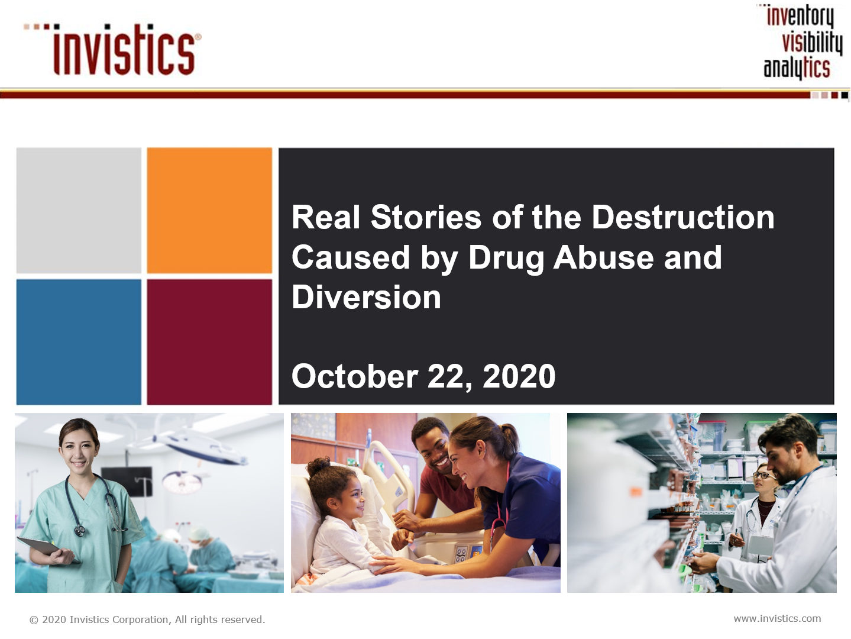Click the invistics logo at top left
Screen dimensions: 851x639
(112, 49)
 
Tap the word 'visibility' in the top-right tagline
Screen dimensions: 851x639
(812, 43)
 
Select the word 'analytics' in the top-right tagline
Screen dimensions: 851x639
(797, 67)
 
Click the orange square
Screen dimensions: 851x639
(209, 210)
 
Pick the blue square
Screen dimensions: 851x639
(79, 342)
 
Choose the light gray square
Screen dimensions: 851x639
(79, 210)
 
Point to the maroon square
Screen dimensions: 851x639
(209, 342)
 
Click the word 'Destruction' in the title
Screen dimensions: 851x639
(682, 217)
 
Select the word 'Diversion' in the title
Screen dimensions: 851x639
(367, 297)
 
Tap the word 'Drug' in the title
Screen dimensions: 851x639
(506, 259)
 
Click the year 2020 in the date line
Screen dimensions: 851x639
(519, 376)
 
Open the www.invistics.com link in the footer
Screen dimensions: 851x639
(777, 618)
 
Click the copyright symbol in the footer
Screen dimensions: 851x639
(34, 620)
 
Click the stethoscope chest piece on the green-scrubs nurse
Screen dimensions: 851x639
(80, 531)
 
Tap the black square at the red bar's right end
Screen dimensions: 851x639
(844, 95)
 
